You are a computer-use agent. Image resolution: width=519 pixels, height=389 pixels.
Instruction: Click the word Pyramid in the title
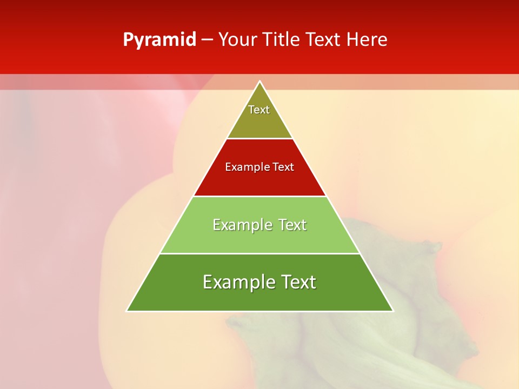[x=159, y=40]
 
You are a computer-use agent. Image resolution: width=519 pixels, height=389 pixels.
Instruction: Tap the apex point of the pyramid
[x=260, y=82]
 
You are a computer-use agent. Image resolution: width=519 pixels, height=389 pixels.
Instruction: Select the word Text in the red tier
[x=283, y=167]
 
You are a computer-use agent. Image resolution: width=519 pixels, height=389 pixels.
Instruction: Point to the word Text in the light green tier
[x=292, y=225]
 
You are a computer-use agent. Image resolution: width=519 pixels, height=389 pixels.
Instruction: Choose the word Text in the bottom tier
[x=299, y=282]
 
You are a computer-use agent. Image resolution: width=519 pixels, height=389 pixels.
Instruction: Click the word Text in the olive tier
[x=259, y=110]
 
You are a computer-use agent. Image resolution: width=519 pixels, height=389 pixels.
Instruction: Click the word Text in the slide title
[x=324, y=40]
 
